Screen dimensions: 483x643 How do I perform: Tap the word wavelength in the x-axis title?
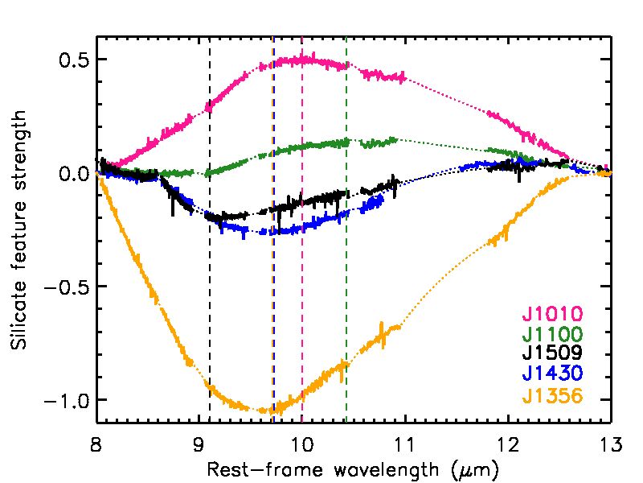tap(363, 468)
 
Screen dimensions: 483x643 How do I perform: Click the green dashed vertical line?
tap(346, 242)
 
